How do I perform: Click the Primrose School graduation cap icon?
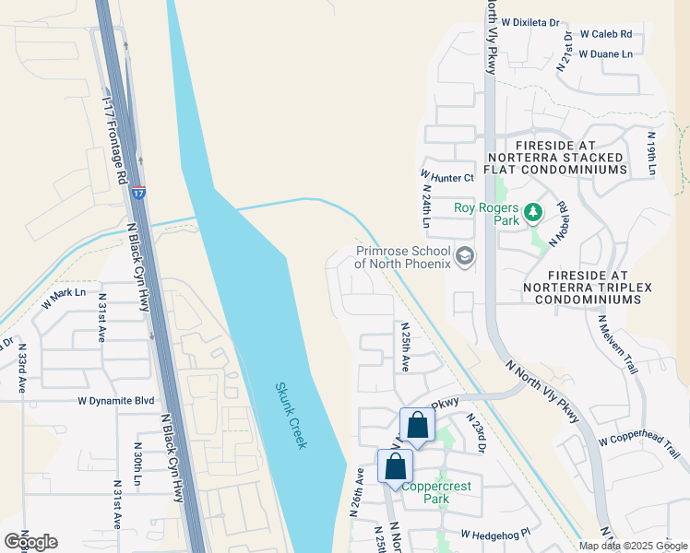465,256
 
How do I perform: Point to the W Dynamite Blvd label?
116,401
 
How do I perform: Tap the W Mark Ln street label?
64,293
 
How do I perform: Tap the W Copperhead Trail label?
638,441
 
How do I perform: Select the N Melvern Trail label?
617,344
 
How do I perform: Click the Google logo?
30,541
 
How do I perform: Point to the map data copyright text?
634,546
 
